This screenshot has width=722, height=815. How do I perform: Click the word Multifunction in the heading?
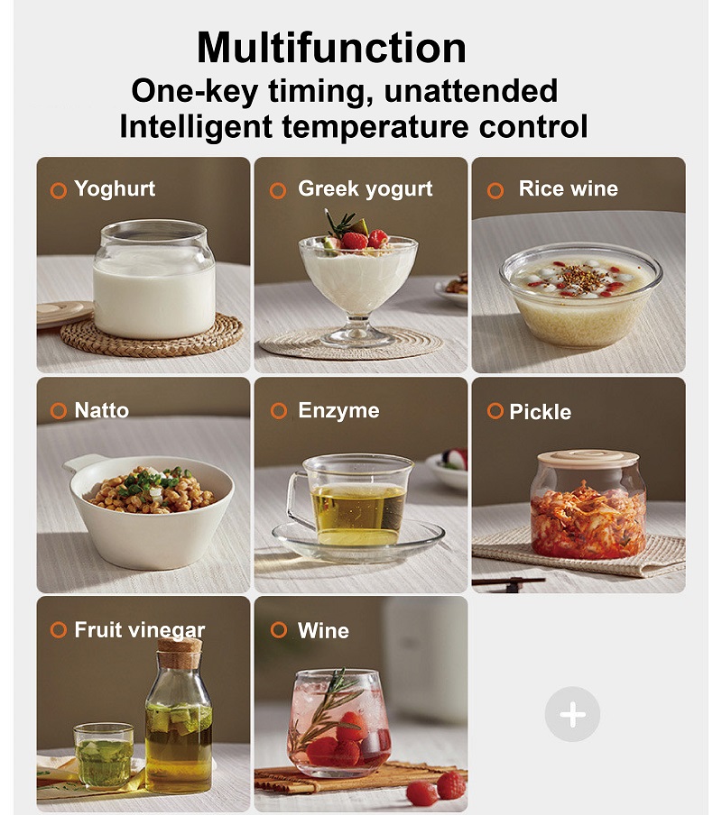click(x=331, y=47)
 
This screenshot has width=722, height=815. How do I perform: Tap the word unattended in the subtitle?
click(x=471, y=91)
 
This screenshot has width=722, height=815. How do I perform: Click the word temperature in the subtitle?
click(x=375, y=126)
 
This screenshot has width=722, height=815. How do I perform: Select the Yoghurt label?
click(x=115, y=188)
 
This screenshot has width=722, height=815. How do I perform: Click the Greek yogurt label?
click(x=366, y=188)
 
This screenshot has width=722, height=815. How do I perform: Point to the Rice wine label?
click(x=568, y=188)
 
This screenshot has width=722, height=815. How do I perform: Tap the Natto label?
click(x=101, y=410)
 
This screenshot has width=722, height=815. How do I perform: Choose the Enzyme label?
click(x=338, y=410)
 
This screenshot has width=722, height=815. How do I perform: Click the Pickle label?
click(x=540, y=412)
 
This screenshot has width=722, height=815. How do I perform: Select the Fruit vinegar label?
click(x=139, y=630)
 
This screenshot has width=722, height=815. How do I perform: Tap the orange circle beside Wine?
click(x=279, y=630)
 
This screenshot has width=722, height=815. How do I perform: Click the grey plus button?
click(x=572, y=714)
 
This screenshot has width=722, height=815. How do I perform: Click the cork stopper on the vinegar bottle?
click(x=180, y=654)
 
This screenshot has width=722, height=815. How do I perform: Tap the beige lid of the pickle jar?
click(x=588, y=460)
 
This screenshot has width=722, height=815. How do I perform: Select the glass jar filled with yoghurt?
click(x=154, y=279)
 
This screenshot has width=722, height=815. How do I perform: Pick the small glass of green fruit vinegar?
click(x=104, y=756)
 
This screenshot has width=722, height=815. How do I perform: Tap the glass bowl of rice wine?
click(x=580, y=294)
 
